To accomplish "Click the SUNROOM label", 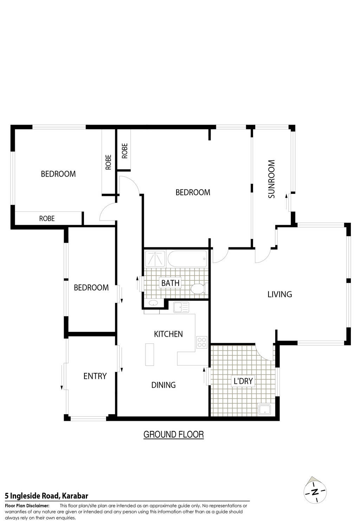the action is (x=271, y=179).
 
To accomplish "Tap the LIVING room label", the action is (x=279, y=294).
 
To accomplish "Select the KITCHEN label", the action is (x=168, y=334).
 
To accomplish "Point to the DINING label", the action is (x=163, y=385).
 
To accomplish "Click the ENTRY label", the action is (x=95, y=376).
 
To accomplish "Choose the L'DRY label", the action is (x=243, y=381).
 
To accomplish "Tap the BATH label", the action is (x=170, y=283).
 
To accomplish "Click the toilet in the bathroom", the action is (x=198, y=289).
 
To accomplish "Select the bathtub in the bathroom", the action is (x=187, y=259).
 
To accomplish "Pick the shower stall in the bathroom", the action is (x=155, y=259).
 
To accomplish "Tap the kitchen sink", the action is (x=181, y=308).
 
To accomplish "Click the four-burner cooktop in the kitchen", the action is (x=202, y=342).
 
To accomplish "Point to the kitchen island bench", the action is (x=149, y=354).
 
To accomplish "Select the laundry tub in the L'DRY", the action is (x=265, y=410).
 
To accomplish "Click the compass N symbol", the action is (x=315, y=492).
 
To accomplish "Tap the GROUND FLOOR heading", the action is (x=173, y=435).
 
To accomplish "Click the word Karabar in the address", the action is (x=75, y=496).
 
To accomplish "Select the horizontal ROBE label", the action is (x=47, y=218).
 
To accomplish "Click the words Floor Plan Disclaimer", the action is (x=27, y=506).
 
